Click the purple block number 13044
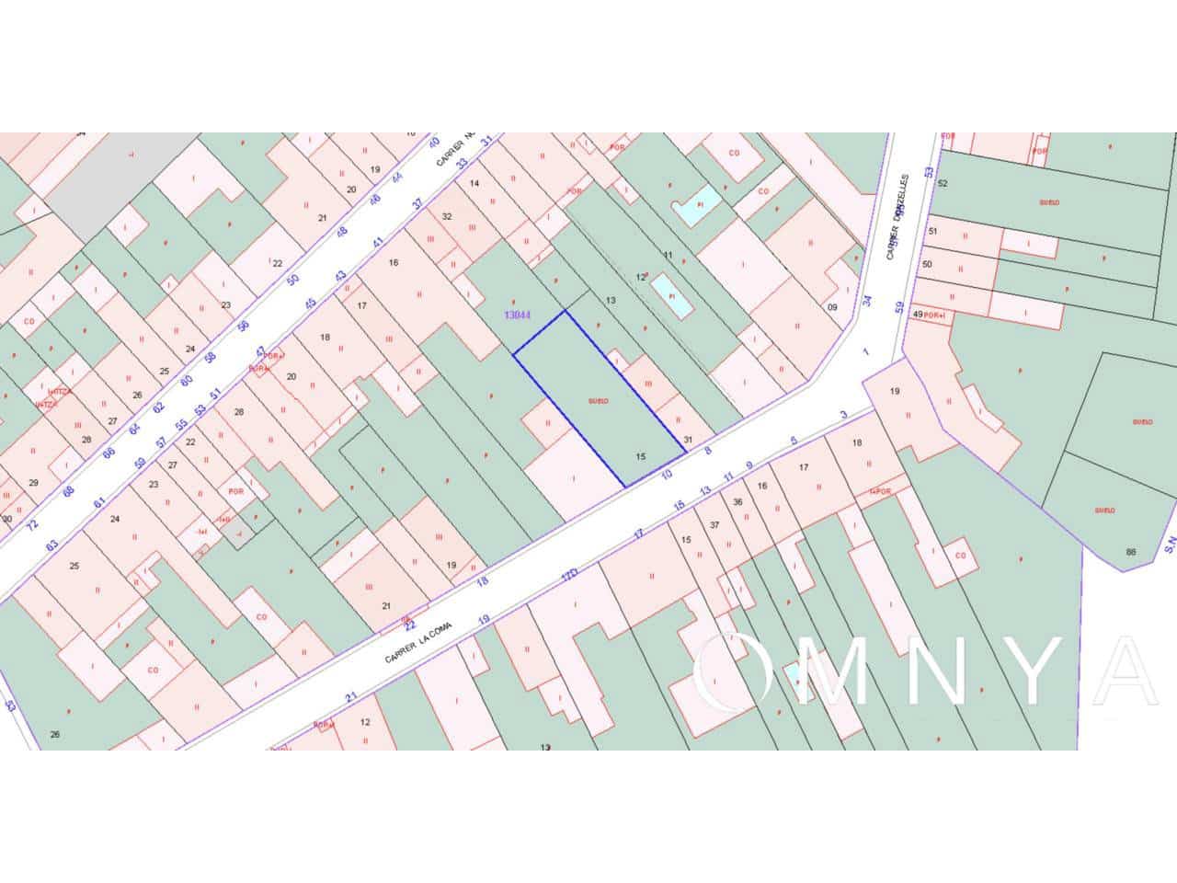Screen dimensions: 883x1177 [518, 315]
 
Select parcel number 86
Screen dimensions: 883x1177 [1130, 552]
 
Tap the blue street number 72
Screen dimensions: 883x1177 [33, 525]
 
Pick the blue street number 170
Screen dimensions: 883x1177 [570, 576]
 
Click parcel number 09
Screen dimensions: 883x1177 [832, 307]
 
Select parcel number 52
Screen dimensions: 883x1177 [942, 183]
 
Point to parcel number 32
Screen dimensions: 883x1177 [447, 217]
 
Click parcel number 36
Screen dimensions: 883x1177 [737, 501]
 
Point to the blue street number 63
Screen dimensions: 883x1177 [51, 545]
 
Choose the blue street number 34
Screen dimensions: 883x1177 [867, 300]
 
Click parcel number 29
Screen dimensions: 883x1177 [33, 483]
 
